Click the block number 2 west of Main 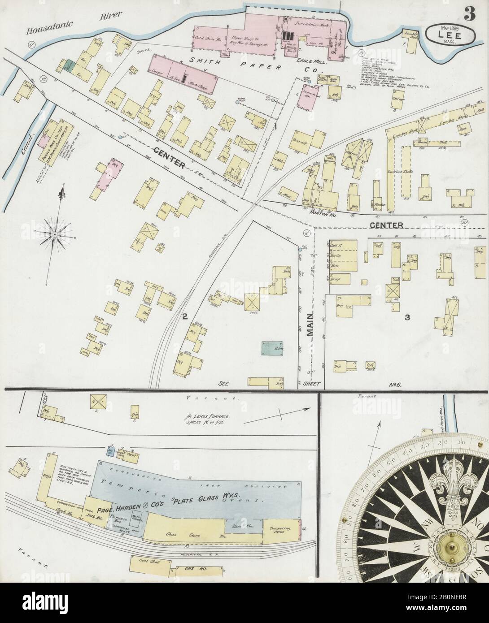184,317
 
